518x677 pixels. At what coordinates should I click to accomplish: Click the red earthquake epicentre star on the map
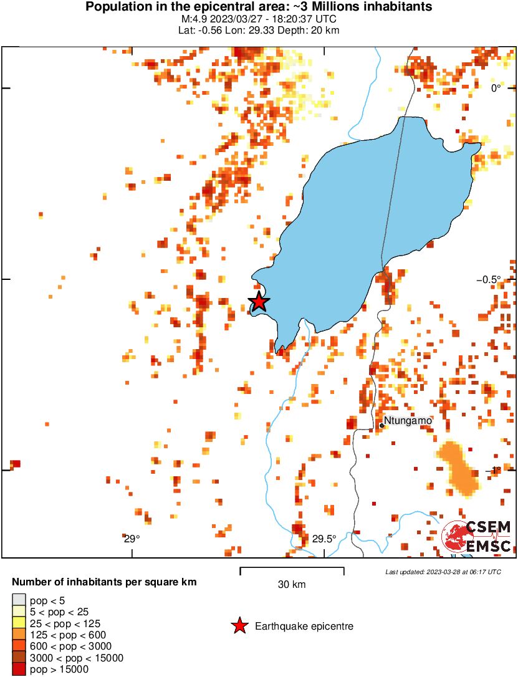(259, 302)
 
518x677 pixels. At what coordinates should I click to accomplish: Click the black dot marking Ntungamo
(381, 425)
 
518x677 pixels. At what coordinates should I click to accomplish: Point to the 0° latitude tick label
(496, 88)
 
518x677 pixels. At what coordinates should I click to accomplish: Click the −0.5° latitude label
(497, 279)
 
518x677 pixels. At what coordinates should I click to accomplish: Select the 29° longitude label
(131, 539)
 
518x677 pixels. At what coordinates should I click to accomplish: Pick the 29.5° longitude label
(324, 539)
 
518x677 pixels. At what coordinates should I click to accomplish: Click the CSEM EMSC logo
(477, 536)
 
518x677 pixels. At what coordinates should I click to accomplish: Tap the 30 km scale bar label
(292, 584)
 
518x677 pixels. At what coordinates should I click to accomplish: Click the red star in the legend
(239, 626)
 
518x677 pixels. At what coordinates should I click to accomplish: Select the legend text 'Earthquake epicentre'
(304, 626)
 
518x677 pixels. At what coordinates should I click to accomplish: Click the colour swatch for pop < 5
(19, 600)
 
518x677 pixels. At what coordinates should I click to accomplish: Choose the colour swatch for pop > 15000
(19, 670)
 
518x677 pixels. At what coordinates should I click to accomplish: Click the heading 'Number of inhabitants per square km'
(105, 582)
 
